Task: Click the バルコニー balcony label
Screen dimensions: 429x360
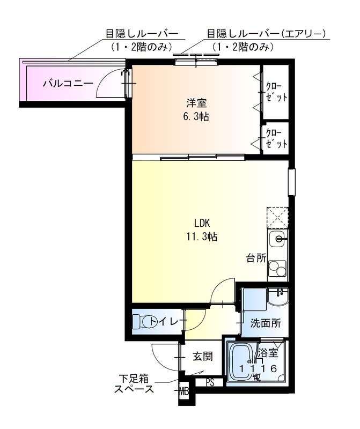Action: click(x=68, y=83)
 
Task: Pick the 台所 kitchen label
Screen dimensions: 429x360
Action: click(x=256, y=258)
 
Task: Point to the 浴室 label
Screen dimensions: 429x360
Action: click(x=267, y=353)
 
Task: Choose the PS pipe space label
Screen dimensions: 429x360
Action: click(x=210, y=383)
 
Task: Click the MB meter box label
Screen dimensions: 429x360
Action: click(x=185, y=390)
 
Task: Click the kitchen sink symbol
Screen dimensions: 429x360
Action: click(x=278, y=240)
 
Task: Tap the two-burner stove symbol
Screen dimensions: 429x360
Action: click(x=278, y=268)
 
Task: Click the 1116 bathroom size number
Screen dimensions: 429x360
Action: click(x=258, y=368)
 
